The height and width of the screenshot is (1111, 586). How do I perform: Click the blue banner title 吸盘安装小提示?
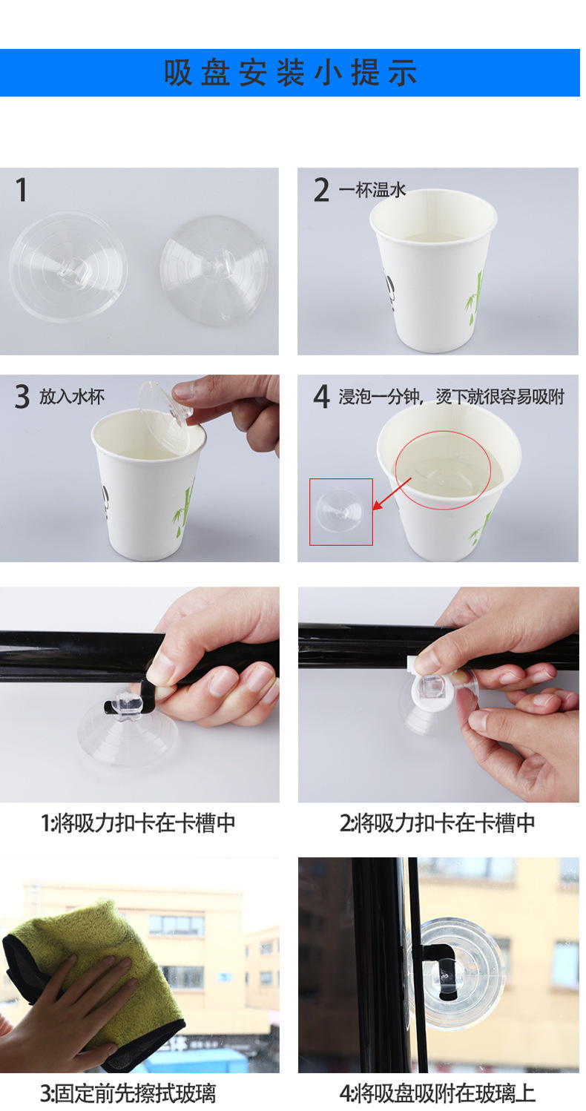[x=290, y=73]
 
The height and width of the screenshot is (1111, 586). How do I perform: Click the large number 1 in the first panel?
[x=21, y=190]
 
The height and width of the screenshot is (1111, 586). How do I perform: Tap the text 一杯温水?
[x=372, y=189]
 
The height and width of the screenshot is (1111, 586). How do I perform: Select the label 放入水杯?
[x=72, y=396]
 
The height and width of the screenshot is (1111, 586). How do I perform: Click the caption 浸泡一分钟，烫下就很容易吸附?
[x=452, y=397]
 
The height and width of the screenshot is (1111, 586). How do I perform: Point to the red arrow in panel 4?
[x=392, y=494]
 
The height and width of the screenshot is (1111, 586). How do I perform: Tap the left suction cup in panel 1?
[x=68, y=266]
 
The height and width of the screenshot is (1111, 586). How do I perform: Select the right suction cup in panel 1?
[x=214, y=270]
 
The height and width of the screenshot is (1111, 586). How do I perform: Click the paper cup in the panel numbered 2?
[x=433, y=270]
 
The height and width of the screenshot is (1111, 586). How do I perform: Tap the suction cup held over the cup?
[x=165, y=417]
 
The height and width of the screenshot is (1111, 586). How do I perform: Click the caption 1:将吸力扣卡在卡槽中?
[x=138, y=822]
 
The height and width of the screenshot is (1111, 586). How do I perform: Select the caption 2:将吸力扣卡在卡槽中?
[x=437, y=822]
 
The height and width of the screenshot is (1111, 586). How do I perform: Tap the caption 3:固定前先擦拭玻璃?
[x=128, y=1093]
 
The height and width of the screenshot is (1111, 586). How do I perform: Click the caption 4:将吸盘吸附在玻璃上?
[x=437, y=1093]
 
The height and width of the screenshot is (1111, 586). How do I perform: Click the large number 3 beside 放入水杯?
[x=22, y=396]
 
